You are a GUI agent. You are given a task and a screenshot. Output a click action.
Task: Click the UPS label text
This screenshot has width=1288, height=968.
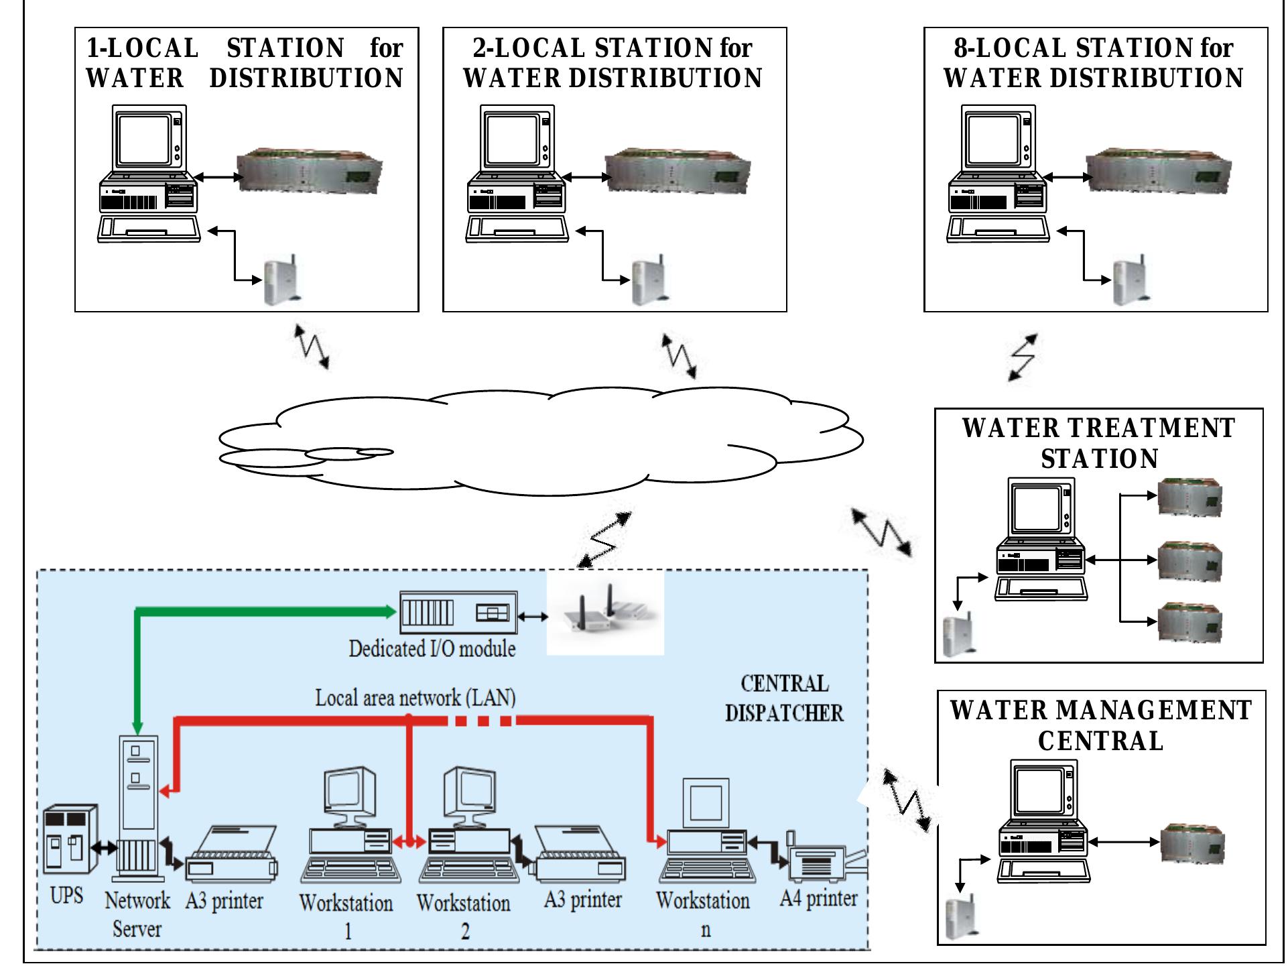pyautogui.click(x=66, y=896)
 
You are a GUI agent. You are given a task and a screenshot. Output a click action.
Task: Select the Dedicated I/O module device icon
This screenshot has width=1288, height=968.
pyautogui.click(x=458, y=612)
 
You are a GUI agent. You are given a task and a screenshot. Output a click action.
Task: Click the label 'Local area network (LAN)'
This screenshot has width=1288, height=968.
pyautogui.click(x=415, y=698)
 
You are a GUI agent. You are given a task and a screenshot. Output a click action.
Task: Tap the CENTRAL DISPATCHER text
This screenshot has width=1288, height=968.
pyautogui.click(x=784, y=699)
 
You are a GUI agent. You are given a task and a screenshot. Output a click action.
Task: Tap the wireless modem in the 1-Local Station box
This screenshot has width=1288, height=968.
pyautogui.click(x=281, y=282)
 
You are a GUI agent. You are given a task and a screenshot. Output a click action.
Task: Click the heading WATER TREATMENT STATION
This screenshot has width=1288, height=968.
pyautogui.click(x=1099, y=443)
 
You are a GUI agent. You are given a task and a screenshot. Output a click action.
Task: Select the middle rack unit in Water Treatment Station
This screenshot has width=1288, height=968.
pyautogui.click(x=1190, y=560)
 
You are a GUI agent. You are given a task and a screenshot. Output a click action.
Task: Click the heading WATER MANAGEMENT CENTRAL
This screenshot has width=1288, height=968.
pyautogui.click(x=1100, y=725)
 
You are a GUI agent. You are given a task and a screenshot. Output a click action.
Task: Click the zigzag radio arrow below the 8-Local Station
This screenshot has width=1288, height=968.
pyautogui.click(x=1023, y=358)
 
